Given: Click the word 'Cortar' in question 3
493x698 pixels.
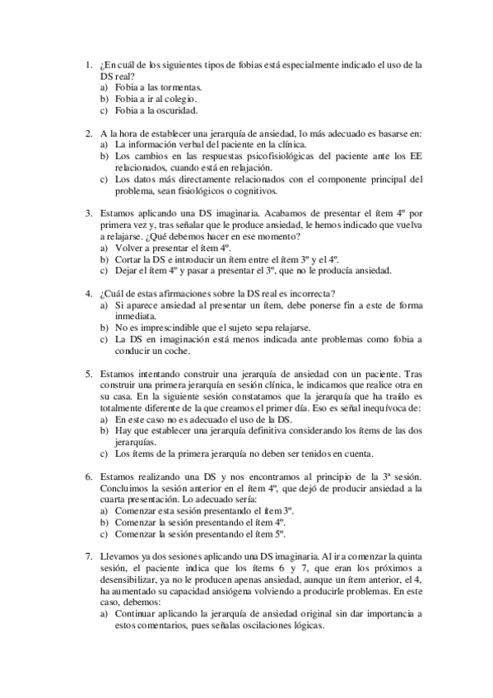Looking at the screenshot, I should (x=128, y=258).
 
